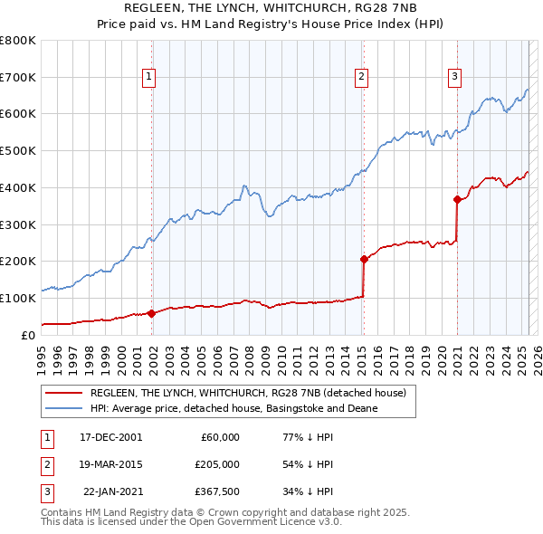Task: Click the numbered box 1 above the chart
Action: pos(148,78)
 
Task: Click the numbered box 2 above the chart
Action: pos(361,78)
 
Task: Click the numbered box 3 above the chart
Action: pos(454,78)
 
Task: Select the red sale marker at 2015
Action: pos(364,259)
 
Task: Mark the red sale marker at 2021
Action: pos(457,200)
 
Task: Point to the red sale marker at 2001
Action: pos(151,313)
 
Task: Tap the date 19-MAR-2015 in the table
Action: pos(111,464)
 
